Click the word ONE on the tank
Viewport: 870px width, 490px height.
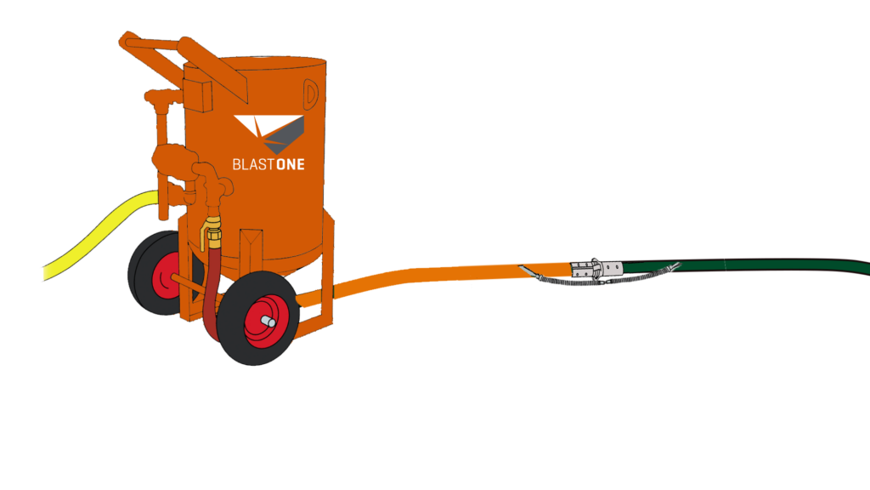(290, 162)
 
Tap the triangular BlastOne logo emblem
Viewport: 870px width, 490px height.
(269, 132)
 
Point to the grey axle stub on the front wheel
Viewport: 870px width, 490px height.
(268, 321)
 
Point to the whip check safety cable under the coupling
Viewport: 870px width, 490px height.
(629, 277)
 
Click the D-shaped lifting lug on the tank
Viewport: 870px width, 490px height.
(311, 92)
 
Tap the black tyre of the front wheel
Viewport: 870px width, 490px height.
(233, 340)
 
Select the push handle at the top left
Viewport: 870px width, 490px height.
(153, 47)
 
